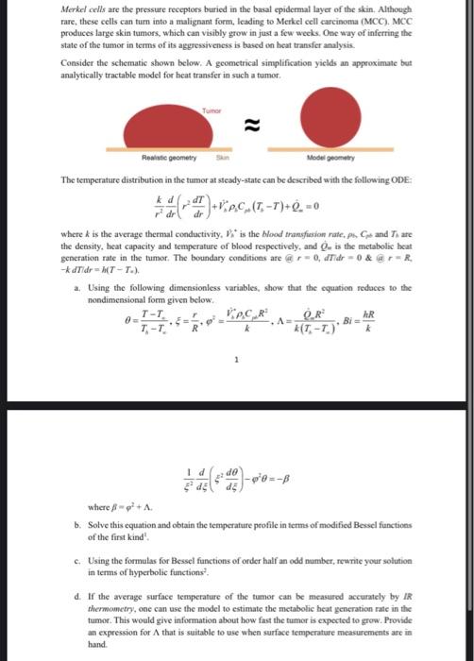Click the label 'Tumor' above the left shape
pos(211,111)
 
